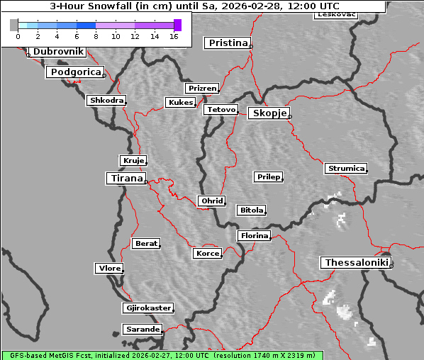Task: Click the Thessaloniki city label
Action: click(355, 263)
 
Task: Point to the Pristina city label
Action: click(228, 43)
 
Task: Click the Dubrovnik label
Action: click(57, 52)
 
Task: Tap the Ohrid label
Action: click(211, 201)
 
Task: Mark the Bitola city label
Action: click(251, 210)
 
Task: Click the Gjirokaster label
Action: click(147, 308)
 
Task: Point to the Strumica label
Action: click(346, 169)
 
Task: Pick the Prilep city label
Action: click(268, 176)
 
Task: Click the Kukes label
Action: click(180, 103)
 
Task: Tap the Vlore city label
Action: click(109, 269)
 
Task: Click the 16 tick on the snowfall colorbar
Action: click(174, 35)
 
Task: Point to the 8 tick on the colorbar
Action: click(96, 35)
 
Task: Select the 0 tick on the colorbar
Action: click(18, 35)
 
